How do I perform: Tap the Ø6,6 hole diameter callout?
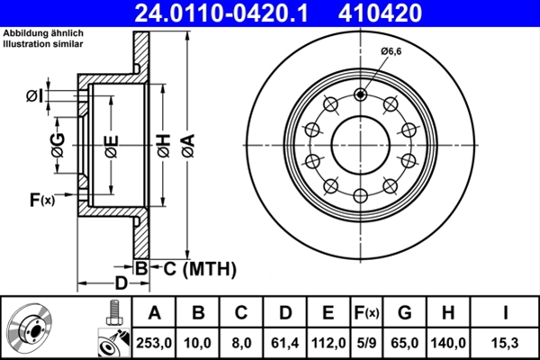click(x=391, y=51)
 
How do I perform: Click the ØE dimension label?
click(x=111, y=144)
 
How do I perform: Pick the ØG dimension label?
click(x=58, y=144)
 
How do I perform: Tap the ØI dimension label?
click(x=33, y=95)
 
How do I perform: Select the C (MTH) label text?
click(x=199, y=267)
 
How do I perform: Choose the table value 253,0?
click(x=154, y=343)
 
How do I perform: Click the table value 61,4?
click(x=285, y=343)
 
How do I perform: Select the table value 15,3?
click(x=506, y=343)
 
